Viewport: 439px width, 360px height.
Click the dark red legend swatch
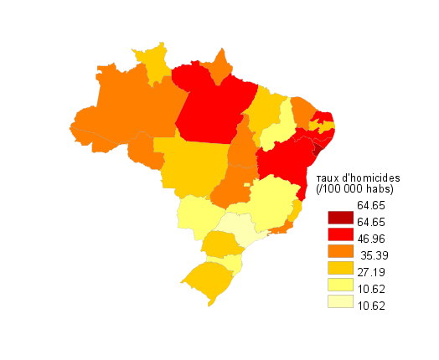point(339,219)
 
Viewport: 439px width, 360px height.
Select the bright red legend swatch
point(339,234)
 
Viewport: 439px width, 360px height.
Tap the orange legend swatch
point(339,251)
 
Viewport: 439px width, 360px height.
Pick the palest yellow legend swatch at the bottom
point(339,301)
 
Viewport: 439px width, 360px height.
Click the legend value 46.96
point(371,239)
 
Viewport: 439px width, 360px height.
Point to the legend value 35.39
point(373,255)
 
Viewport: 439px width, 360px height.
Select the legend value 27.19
point(371,272)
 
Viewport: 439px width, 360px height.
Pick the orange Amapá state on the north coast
point(221,67)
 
